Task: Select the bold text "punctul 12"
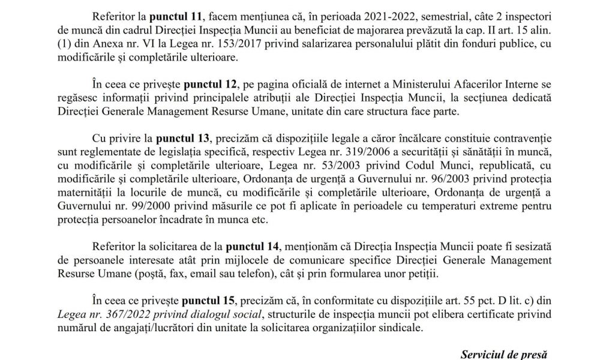pos(208,80)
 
